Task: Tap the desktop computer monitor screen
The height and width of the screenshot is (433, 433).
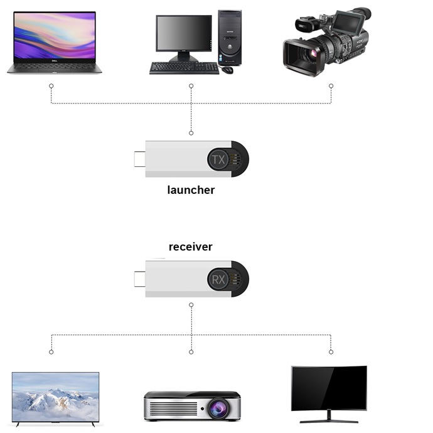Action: [183, 35]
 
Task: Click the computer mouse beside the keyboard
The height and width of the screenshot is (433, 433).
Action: [227, 69]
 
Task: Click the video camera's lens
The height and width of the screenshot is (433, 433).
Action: [312, 53]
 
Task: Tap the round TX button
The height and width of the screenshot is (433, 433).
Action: [218, 159]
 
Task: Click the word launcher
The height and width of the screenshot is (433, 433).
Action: [191, 190]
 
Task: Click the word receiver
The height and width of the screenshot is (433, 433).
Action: [191, 247]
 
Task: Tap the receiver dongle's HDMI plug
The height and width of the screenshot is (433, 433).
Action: [139, 279]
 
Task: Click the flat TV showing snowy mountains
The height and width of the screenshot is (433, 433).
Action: [55, 397]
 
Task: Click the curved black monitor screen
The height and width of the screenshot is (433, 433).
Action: [329, 388]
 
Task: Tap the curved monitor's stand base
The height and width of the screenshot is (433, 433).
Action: [329, 419]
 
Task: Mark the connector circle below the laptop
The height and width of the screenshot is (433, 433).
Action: [51, 85]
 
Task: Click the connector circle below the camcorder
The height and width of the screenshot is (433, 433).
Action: [331, 85]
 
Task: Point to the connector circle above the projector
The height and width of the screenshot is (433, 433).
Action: [191, 351]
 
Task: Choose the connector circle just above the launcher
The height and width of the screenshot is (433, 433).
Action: [191, 133]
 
